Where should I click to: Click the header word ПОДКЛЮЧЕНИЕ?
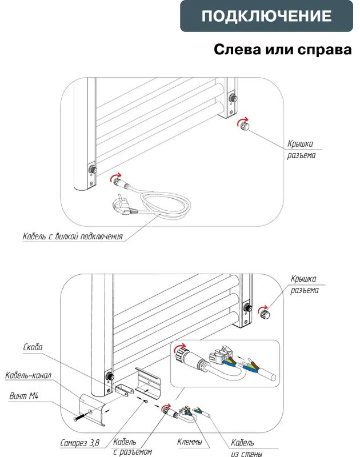pyautogui.click(x=266, y=16)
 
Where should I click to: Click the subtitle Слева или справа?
pyautogui.click(x=282, y=49)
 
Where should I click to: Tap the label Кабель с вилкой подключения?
pyautogui.click(x=73, y=236)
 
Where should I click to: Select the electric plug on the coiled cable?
pyautogui.click(x=124, y=206)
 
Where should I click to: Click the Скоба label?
pyautogui.click(x=33, y=347)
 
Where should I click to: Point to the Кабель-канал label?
pyautogui.click(x=28, y=375)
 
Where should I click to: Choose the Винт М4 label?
pyautogui.click(x=23, y=396)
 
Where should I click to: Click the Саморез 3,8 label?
pyautogui.click(x=79, y=443)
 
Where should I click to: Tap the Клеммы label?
pyautogui.click(x=190, y=442)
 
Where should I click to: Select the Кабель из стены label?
pyautogui.click(x=246, y=448)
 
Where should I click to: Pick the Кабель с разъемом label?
pyautogui.click(x=133, y=447)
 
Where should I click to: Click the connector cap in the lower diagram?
pyautogui.click(x=265, y=314)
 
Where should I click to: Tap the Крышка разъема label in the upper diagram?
pyautogui.click(x=301, y=149)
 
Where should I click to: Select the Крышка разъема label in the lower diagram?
pyautogui.click(x=305, y=284)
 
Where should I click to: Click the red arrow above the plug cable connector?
pyautogui.click(x=116, y=176)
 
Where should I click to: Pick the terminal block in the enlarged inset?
pyautogui.click(x=220, y=355)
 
